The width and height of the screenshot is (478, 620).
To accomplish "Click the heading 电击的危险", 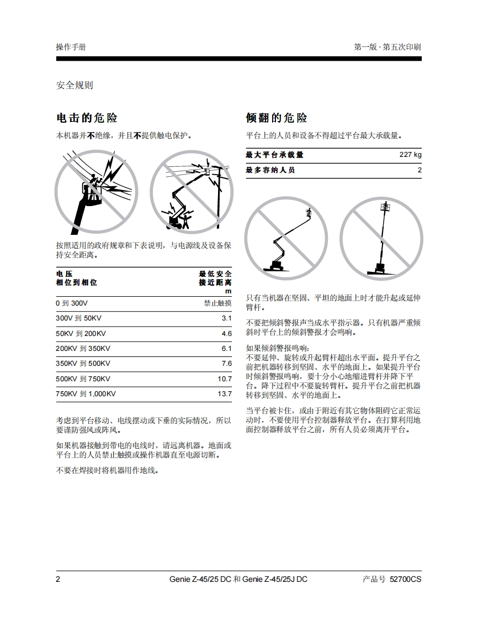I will [x=87, y=118].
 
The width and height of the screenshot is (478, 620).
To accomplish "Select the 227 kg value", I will [x=410, y=155].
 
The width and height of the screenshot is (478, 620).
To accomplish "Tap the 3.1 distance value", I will [x=226, y=318].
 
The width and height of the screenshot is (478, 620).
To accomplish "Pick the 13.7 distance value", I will [x=225, y=394].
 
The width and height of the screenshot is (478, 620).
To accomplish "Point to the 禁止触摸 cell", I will [x=217, y=303].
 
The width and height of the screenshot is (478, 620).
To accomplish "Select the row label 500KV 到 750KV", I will [x=83, y=379].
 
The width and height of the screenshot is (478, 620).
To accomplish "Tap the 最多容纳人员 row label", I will [x=270, y=170].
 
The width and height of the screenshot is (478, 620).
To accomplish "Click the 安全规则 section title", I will [x=75, y=85].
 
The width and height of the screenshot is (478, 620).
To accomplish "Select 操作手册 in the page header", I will [x=71, y=47].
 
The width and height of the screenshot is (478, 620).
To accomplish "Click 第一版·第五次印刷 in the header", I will [x=387, y=47].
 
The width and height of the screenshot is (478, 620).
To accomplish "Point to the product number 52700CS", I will [x=405, y=579].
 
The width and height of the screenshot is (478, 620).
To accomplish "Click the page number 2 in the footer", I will [x=59, y=579].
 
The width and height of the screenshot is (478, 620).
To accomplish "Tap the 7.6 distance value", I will [x=226, y=364].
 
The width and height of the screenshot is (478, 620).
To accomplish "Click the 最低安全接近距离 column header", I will [x=215, y=278].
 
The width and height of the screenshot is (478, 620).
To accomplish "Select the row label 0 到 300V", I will [x=72, y=303].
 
